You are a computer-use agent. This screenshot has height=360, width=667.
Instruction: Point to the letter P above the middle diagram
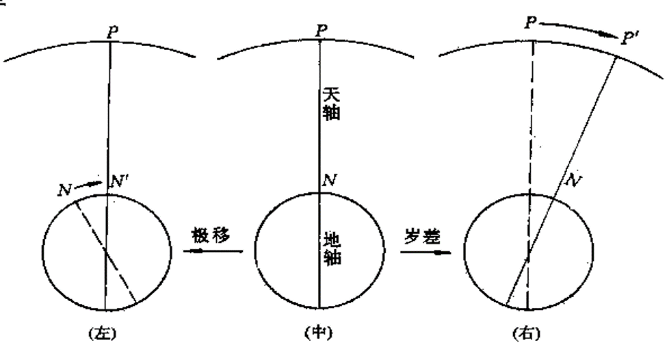coord(320,30)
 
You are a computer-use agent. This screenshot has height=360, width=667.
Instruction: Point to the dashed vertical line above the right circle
coord(531,116)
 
